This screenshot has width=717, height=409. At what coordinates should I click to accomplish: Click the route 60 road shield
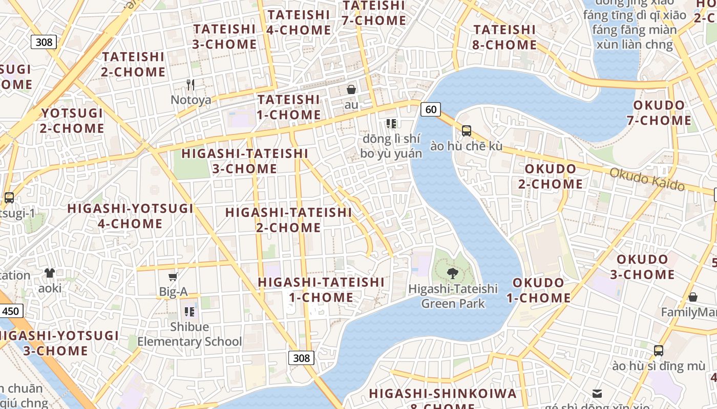click(431, 109)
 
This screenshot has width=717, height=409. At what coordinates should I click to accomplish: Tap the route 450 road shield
click(11, 311)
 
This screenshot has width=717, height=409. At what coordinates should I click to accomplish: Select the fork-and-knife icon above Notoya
click(191, 84)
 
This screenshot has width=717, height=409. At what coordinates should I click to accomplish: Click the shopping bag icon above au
click(351, 89)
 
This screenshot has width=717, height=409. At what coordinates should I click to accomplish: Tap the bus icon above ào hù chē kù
click(466, 130)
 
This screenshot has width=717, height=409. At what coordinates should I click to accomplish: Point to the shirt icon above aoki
click(50, 273)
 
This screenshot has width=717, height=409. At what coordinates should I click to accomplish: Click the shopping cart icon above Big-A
click(173, 277)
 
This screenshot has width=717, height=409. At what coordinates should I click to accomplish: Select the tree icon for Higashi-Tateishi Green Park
click(452, 274)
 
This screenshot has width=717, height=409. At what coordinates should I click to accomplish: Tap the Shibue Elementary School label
click(189, 334)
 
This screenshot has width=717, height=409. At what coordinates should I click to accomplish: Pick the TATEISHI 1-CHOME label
click(289, 107)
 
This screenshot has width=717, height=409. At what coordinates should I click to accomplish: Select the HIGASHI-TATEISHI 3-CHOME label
click(245, 161)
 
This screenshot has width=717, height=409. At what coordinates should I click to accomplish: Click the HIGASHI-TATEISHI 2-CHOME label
click(288, 220)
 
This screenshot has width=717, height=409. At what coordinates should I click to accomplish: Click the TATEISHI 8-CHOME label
click(504, 37)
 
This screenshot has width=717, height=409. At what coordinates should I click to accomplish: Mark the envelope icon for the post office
click(597, 393)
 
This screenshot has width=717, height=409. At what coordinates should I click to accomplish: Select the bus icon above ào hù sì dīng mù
click(659, 351)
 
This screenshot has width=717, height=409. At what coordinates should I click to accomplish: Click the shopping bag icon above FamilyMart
click(693, 297)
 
